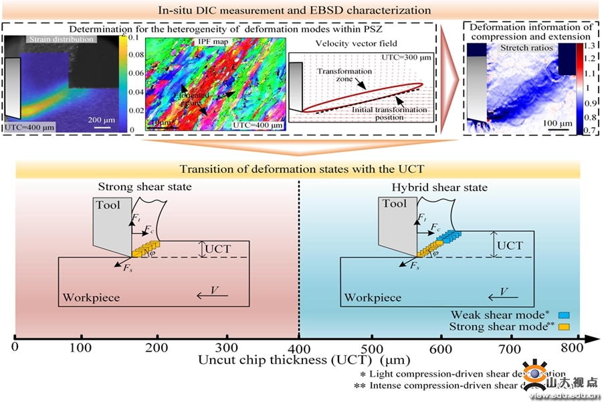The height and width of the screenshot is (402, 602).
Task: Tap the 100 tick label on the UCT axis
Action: click(x=81, y=349)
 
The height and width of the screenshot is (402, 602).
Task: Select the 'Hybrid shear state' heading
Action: click(x=439, y=188)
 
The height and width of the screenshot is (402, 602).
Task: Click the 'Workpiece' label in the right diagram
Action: click(x=373, y=297)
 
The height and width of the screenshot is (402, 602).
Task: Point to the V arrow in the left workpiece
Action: click(x=213, y=293)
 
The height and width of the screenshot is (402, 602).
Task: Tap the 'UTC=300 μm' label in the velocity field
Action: click(x=402, y=57)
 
